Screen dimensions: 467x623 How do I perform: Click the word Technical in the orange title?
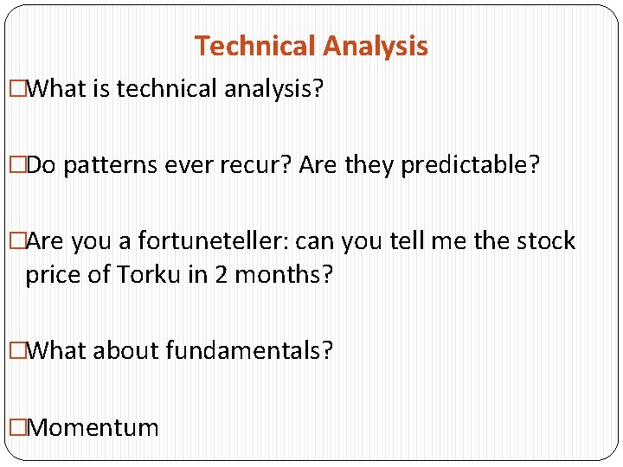(252, 46)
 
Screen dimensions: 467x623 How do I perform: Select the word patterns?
(101, 164)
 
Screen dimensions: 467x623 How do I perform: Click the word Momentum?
(93, 427)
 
